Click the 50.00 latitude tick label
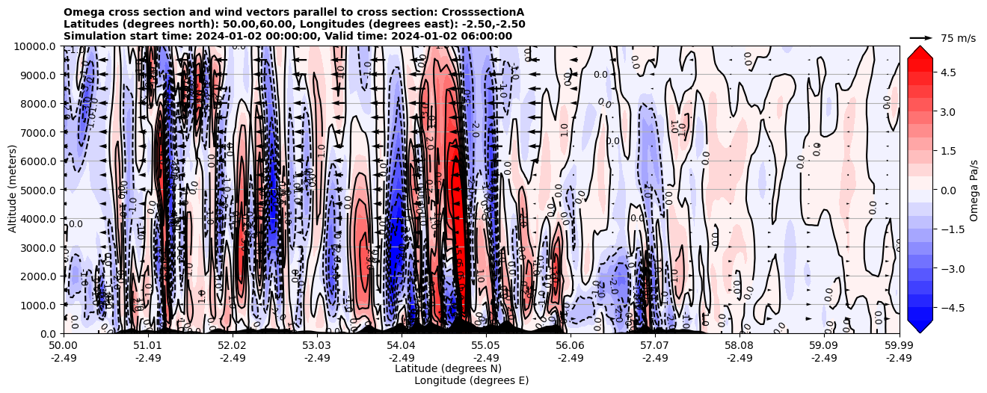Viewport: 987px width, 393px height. (x=64, y=346)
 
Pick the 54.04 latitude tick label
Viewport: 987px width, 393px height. (x=402, y=346)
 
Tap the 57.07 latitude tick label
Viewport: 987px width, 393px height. (x=655, y=346)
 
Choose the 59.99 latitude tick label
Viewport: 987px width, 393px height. (x=899, y=346)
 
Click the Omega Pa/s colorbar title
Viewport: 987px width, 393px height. (x=974, y=190)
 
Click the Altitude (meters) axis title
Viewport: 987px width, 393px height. (x=13, y=190)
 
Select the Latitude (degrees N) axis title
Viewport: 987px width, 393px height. (x=448, y=368)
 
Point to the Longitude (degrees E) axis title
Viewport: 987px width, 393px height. (x=471, y=380)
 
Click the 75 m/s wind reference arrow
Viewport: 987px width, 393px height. (x=921, y=37)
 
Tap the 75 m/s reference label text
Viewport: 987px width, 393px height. (x=958, y=38)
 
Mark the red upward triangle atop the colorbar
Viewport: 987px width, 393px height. (x=920, y=52)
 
